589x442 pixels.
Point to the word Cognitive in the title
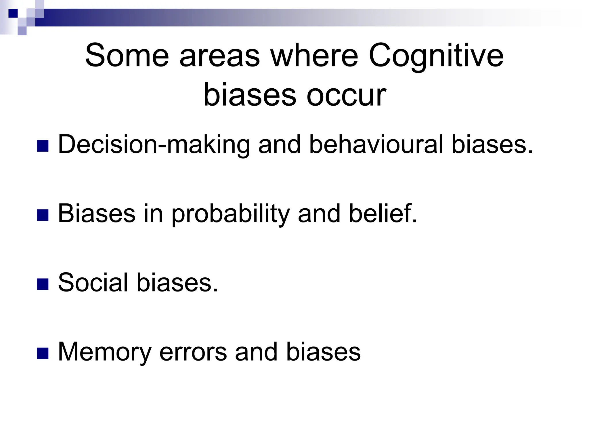436,56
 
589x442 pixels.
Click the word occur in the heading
346,95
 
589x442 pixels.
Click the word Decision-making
154,145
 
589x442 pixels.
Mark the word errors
193,352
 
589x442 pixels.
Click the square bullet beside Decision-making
43,146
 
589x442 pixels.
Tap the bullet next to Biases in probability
43,215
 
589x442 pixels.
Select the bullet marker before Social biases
43,284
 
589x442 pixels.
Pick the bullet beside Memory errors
43,353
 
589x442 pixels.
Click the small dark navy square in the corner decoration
13,13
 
